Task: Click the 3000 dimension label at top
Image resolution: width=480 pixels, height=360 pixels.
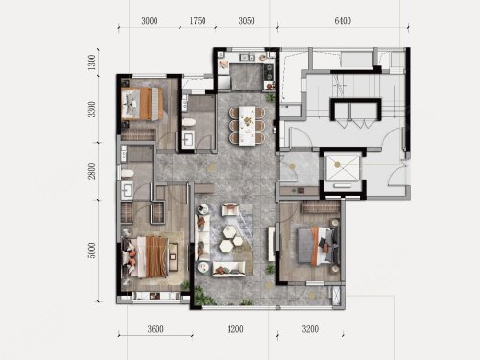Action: pos(150,21)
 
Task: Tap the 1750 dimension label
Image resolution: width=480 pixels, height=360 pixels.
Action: pos(198,21)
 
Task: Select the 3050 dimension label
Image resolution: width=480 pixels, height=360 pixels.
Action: pos(247,21)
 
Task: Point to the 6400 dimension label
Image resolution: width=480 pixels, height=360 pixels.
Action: pos(343,21)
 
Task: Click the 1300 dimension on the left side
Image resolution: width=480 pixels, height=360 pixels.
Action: pos(92,62)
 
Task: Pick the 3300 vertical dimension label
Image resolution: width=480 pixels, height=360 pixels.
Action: pos(92,109)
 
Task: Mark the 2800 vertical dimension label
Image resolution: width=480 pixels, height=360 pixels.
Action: pos(92,171)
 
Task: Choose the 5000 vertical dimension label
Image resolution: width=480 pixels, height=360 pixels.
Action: pos(92,251)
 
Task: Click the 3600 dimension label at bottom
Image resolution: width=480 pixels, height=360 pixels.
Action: pos(156,329)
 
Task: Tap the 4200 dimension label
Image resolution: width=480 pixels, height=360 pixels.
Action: pos(235,329)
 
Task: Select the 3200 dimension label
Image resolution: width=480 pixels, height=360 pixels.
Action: pos(310,329)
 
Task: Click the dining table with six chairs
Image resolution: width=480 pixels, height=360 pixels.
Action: pos(247,126)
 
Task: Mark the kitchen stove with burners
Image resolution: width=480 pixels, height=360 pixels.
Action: pos(268,72)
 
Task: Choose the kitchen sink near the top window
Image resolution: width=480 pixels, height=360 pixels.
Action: pos(248,58)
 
